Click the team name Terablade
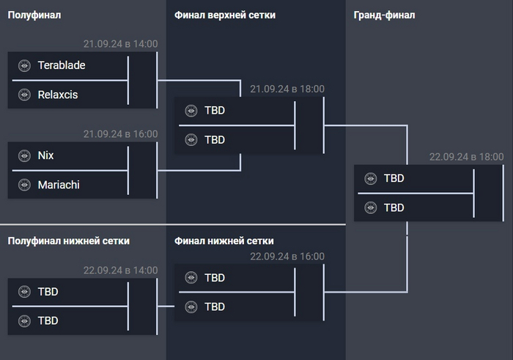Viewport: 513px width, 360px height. pos(62,65)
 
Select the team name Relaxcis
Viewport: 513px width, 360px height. pos(58,95)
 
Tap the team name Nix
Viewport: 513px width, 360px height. pos(46,155)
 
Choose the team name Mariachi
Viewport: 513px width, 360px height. pos(59,185)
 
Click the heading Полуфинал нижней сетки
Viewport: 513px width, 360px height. pos(68,240)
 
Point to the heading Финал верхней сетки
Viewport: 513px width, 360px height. pos(225,15)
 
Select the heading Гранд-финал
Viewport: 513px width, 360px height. pos(383,15)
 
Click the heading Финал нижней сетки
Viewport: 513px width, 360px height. pos(224,240)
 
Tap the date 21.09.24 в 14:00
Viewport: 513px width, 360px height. pos(120,44)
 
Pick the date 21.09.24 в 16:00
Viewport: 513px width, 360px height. pos(120,134)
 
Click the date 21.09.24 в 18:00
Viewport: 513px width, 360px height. pos(287,89)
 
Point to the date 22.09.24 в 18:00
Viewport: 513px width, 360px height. pos(467,157)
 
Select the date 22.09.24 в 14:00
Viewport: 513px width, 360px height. pos(120,270)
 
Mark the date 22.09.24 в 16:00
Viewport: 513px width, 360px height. pos(287,257)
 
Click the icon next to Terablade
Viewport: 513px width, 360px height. pos(24,65)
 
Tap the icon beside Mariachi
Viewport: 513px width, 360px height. pos(24,185)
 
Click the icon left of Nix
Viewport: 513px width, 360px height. pos(24,155)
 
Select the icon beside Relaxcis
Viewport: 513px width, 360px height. pos(24,95)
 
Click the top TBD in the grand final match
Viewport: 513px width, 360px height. pos(394,178)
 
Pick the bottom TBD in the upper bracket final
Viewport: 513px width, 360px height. pos(215,139)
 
